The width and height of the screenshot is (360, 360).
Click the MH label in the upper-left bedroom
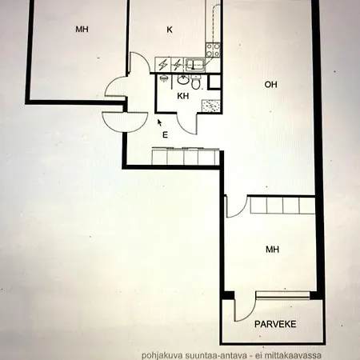[81, 30]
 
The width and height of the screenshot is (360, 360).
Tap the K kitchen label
[170, 30]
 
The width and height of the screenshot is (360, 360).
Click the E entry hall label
[165, 134]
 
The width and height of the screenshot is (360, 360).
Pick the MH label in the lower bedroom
[273, 250]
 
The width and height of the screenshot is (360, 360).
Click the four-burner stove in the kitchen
[214, 49]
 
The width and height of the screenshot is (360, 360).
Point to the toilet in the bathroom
[183, 80]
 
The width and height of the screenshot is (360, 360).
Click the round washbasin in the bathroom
[195, 82]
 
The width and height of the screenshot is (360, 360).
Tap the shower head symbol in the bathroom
[163, 80]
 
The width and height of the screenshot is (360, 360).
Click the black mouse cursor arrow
[160, 122]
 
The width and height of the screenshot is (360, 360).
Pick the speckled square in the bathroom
[210, 105]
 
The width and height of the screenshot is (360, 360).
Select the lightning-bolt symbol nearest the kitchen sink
[177, 65]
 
